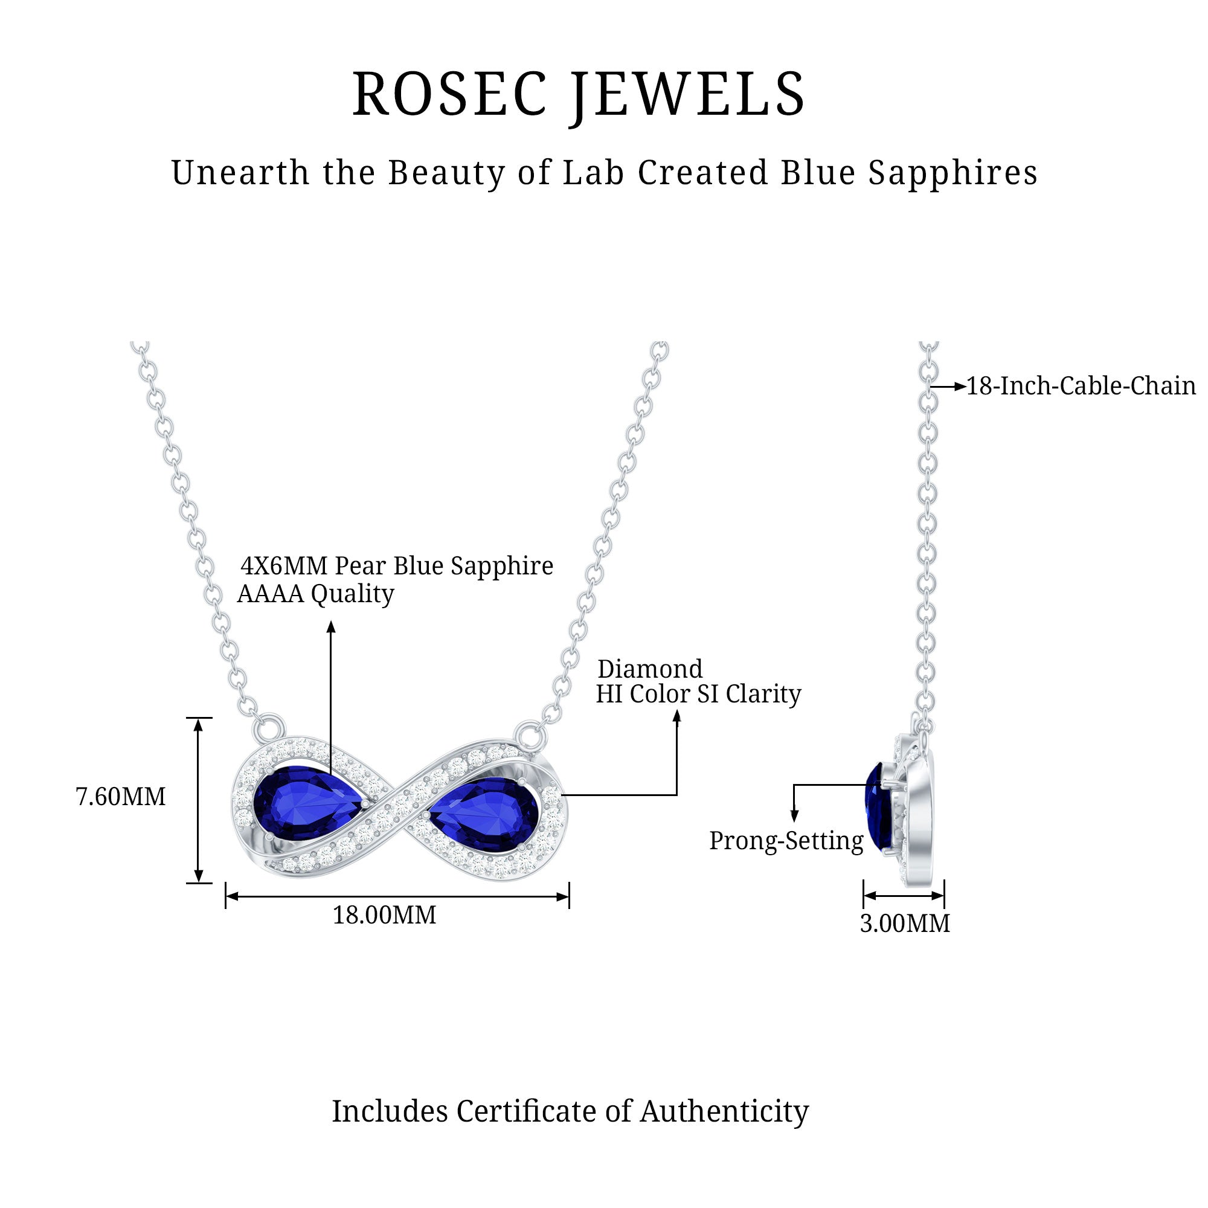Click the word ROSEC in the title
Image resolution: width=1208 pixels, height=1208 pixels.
(449, 94)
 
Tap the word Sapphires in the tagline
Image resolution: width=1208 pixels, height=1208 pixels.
(953, 173)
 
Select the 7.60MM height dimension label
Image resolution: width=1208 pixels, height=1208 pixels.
(121, 797)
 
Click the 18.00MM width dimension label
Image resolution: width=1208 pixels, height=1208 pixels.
(384, 916)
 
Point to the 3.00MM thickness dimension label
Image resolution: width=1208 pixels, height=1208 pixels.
(904, 924)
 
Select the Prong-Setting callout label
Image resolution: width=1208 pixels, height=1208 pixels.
(786, 841)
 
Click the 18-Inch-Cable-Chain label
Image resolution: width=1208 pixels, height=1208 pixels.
(1081, 387)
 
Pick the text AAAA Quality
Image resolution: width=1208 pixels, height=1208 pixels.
(316, 593)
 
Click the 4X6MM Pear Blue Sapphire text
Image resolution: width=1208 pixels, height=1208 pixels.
(397, 566)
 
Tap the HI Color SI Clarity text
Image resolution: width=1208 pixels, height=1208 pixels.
(698, 694)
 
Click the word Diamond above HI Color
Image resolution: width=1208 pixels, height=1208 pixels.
(650, 669)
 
